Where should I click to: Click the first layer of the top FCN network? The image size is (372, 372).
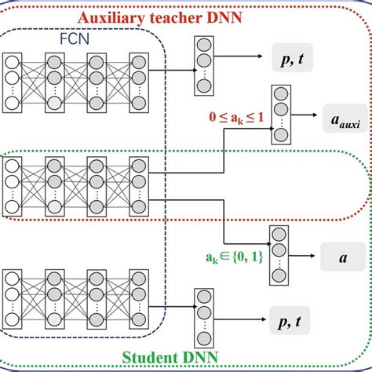pos(13,81)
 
